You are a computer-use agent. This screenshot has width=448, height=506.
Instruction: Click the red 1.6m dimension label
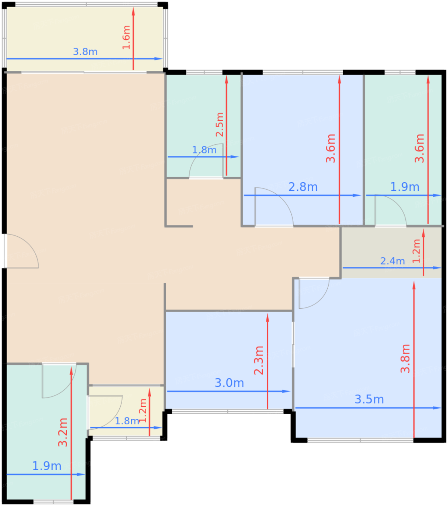pyautogui.click(x=126, y=37)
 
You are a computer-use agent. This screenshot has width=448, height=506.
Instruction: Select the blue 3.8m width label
pyautogui.click(x=85, y=52)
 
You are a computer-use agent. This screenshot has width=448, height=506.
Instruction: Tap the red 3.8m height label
pyautogui.click(x=405, y=359)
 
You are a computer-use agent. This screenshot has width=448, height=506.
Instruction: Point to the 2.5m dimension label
pyautogui.click(x=219, y=124)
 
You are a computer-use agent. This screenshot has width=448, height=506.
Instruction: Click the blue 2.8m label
pyautogui.click(x=303, y=187)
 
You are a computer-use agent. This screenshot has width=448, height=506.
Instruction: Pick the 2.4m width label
pyautogui.click(x=392, y=261)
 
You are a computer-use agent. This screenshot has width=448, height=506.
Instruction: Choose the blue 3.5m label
pyautogui.click(x=369, y=399)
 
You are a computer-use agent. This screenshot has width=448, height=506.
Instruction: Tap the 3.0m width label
pyautogui.click(x=229, y=383)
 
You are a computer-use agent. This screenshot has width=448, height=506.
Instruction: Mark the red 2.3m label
pyautogui.click(x=259, y=360)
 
